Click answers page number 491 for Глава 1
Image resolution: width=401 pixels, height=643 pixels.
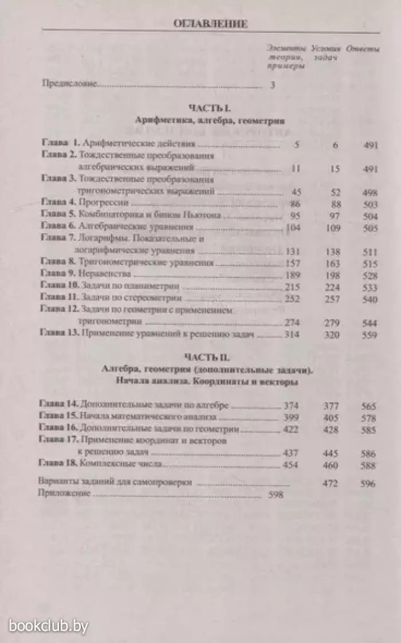371,146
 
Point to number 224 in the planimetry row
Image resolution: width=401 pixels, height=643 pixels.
332,287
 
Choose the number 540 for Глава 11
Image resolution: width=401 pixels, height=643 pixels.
371,299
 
